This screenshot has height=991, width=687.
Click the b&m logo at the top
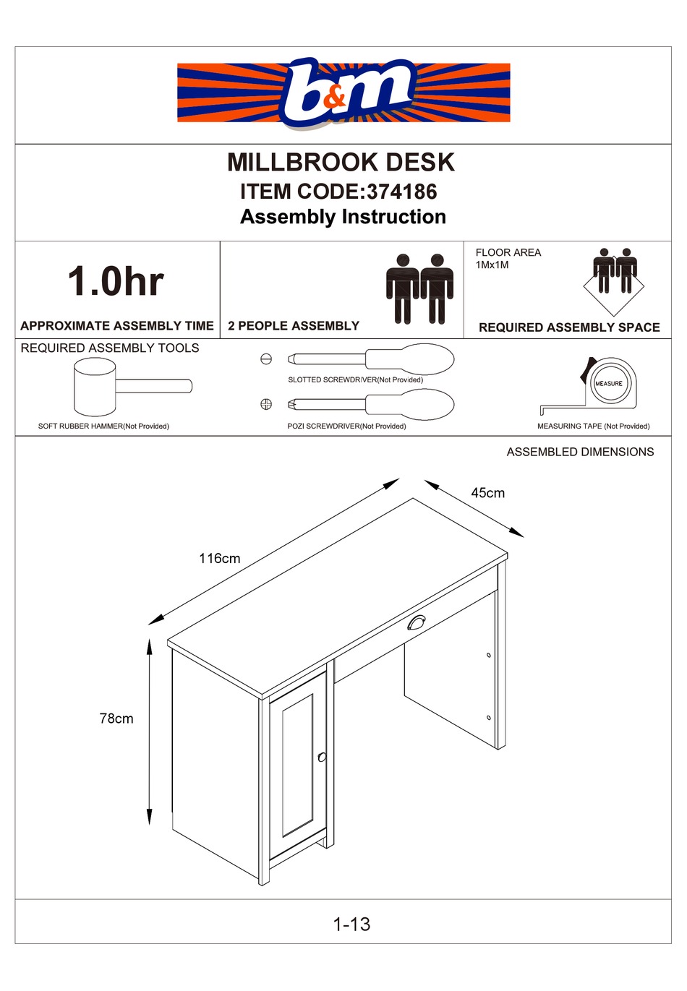(x=344, y=92)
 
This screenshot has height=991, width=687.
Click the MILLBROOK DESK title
(x=341, y=162)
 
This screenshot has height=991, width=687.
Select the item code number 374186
(x=401, y=192)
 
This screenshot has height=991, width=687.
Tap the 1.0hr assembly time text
(x=116, y=281)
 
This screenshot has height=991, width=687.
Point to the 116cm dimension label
(x=219, y=559)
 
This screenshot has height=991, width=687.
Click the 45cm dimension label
(x=487, y=493)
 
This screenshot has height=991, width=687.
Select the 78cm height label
(x=116, y=718)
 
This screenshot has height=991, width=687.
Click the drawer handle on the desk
(x=417, y=622)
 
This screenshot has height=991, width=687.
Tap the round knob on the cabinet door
(x=322, y=757)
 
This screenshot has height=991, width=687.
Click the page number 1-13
(x=351, y=924)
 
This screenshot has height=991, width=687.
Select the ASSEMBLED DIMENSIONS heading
(x=580, y=452)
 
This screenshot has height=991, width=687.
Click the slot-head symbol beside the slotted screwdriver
(x=266, y=359)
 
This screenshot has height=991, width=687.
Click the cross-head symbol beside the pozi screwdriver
(x=266, y=404)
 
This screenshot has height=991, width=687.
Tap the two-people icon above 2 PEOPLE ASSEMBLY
(x=419, y=288)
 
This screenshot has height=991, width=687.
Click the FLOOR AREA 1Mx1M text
(x=508, y=258)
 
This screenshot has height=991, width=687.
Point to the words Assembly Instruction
(x=343, y=217)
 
